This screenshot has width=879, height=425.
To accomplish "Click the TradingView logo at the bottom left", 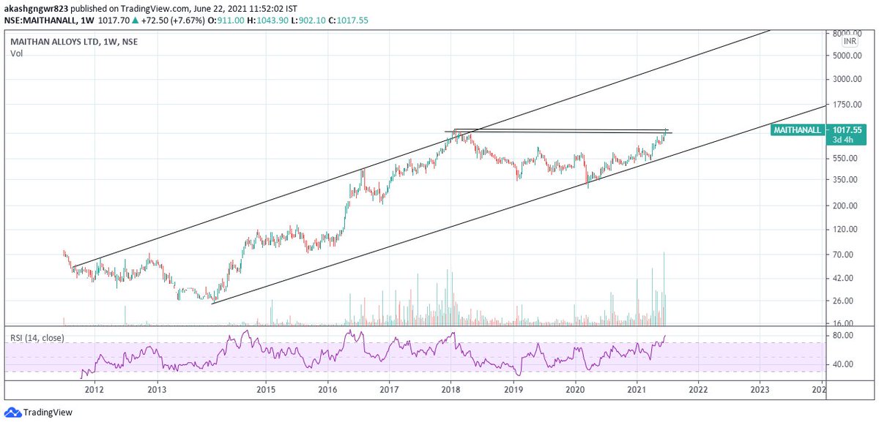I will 34,413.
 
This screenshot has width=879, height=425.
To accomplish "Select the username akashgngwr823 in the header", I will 37,7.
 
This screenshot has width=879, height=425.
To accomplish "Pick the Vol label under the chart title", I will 17,53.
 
